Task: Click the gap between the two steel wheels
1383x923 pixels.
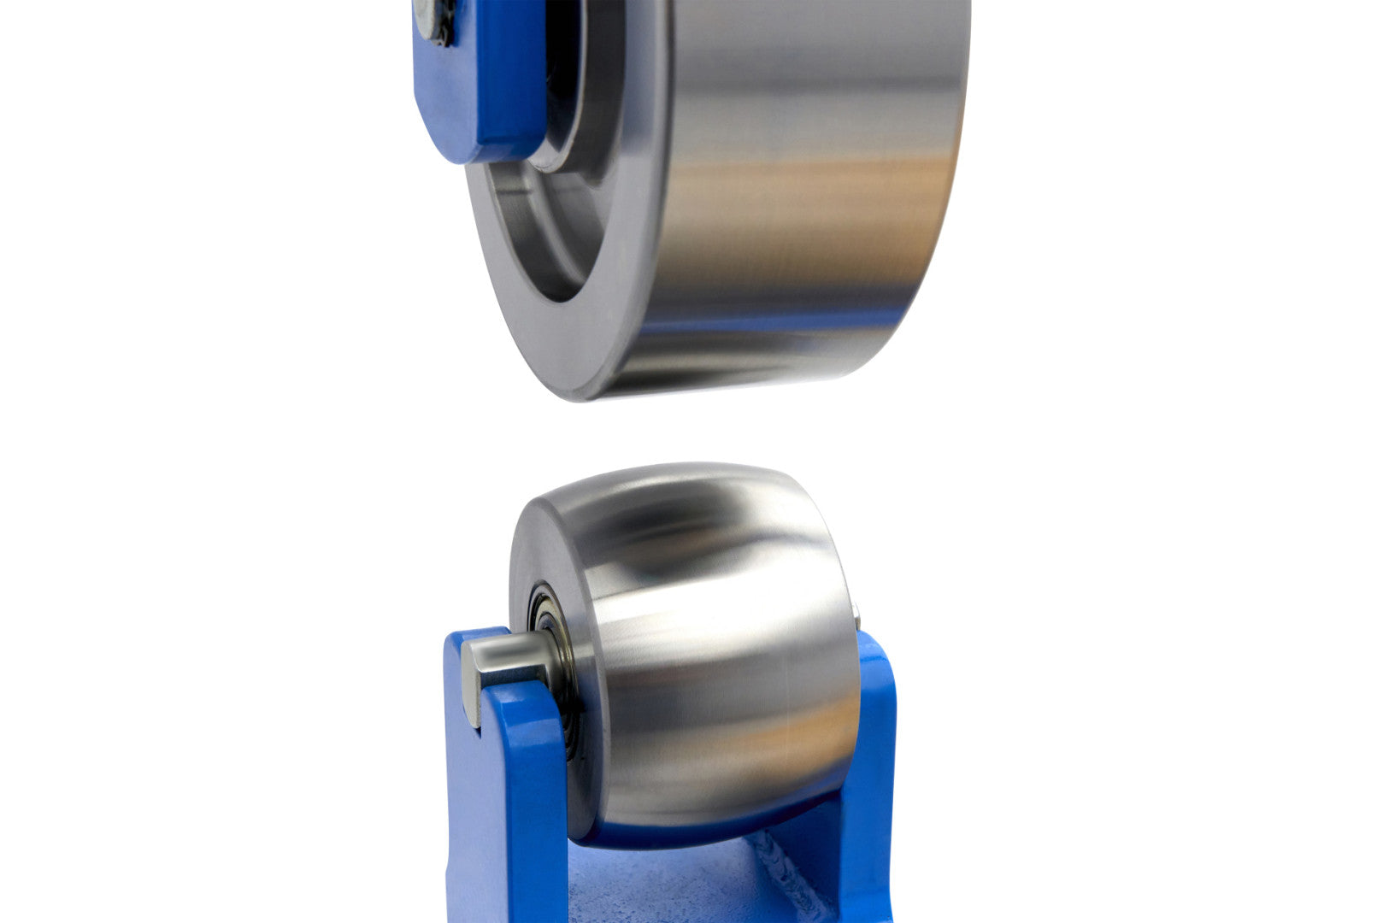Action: click(x=684, y=432)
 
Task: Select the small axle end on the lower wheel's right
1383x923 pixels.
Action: click(x=857, y=612)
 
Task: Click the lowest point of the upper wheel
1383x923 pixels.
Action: click(x=590, y=397)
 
